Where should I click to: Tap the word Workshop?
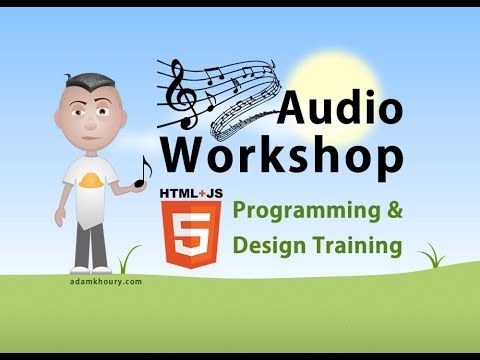tap(283, 155)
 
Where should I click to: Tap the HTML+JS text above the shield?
tap(186, 190)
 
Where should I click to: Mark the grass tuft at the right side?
tap(432, 258)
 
